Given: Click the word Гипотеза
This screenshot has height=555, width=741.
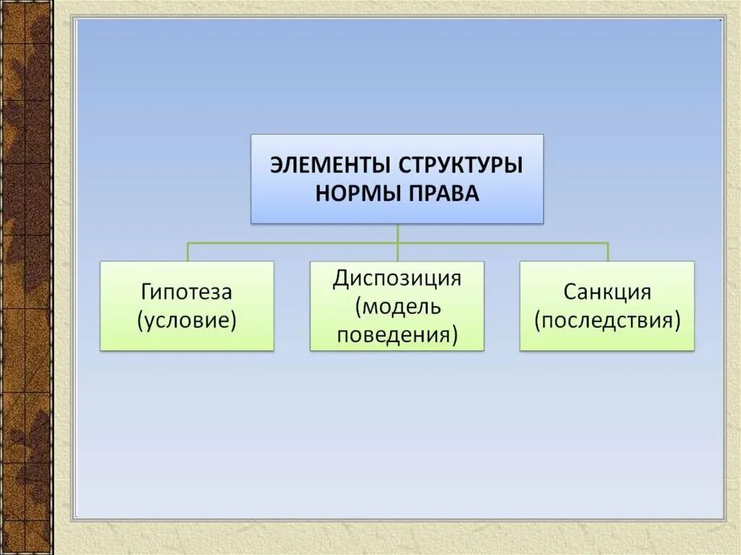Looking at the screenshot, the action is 187,292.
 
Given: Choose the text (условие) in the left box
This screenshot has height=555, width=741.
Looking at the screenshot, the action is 187,320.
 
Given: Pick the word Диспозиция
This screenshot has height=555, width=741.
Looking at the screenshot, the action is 397,279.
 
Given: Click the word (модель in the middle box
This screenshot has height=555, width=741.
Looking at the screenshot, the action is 397,307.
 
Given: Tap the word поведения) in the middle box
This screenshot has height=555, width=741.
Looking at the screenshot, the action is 397,334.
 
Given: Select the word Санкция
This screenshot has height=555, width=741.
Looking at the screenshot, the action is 606,292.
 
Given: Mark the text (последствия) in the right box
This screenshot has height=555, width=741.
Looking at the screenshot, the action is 607,320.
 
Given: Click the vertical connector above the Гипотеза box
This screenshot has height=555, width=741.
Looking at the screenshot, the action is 187,252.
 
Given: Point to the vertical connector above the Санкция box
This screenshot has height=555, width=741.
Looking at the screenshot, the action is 608,252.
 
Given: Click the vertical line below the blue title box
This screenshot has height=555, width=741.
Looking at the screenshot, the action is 397,232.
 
